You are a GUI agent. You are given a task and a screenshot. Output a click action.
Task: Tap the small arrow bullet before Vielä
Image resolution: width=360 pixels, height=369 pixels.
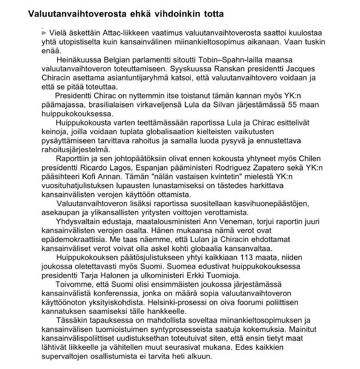[44, 33]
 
